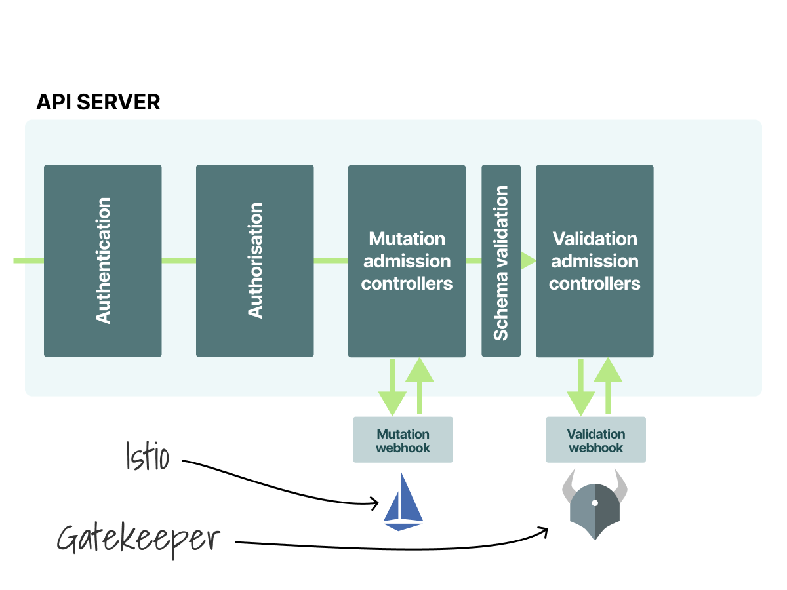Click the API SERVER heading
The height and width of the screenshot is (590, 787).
[98, 102]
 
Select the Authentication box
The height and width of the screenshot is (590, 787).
[103, 260]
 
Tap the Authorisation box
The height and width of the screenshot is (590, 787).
[255, 260]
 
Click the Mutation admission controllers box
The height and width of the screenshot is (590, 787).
[407, 260]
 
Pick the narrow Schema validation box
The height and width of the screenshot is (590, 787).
[501, 260]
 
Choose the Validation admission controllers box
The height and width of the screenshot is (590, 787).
[594, 260]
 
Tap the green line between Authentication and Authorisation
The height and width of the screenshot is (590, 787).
[178, 260]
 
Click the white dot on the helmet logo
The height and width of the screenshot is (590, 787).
[594, 503]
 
